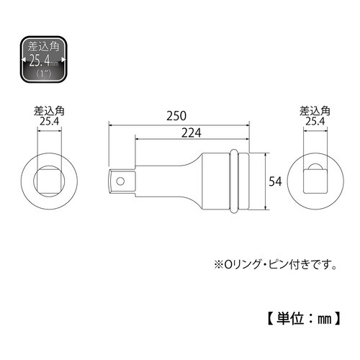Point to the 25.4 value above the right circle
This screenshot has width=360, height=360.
click(315, 123)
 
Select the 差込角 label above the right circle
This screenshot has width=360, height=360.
click(315, 112)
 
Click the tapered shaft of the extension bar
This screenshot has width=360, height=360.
click(166, 181)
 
